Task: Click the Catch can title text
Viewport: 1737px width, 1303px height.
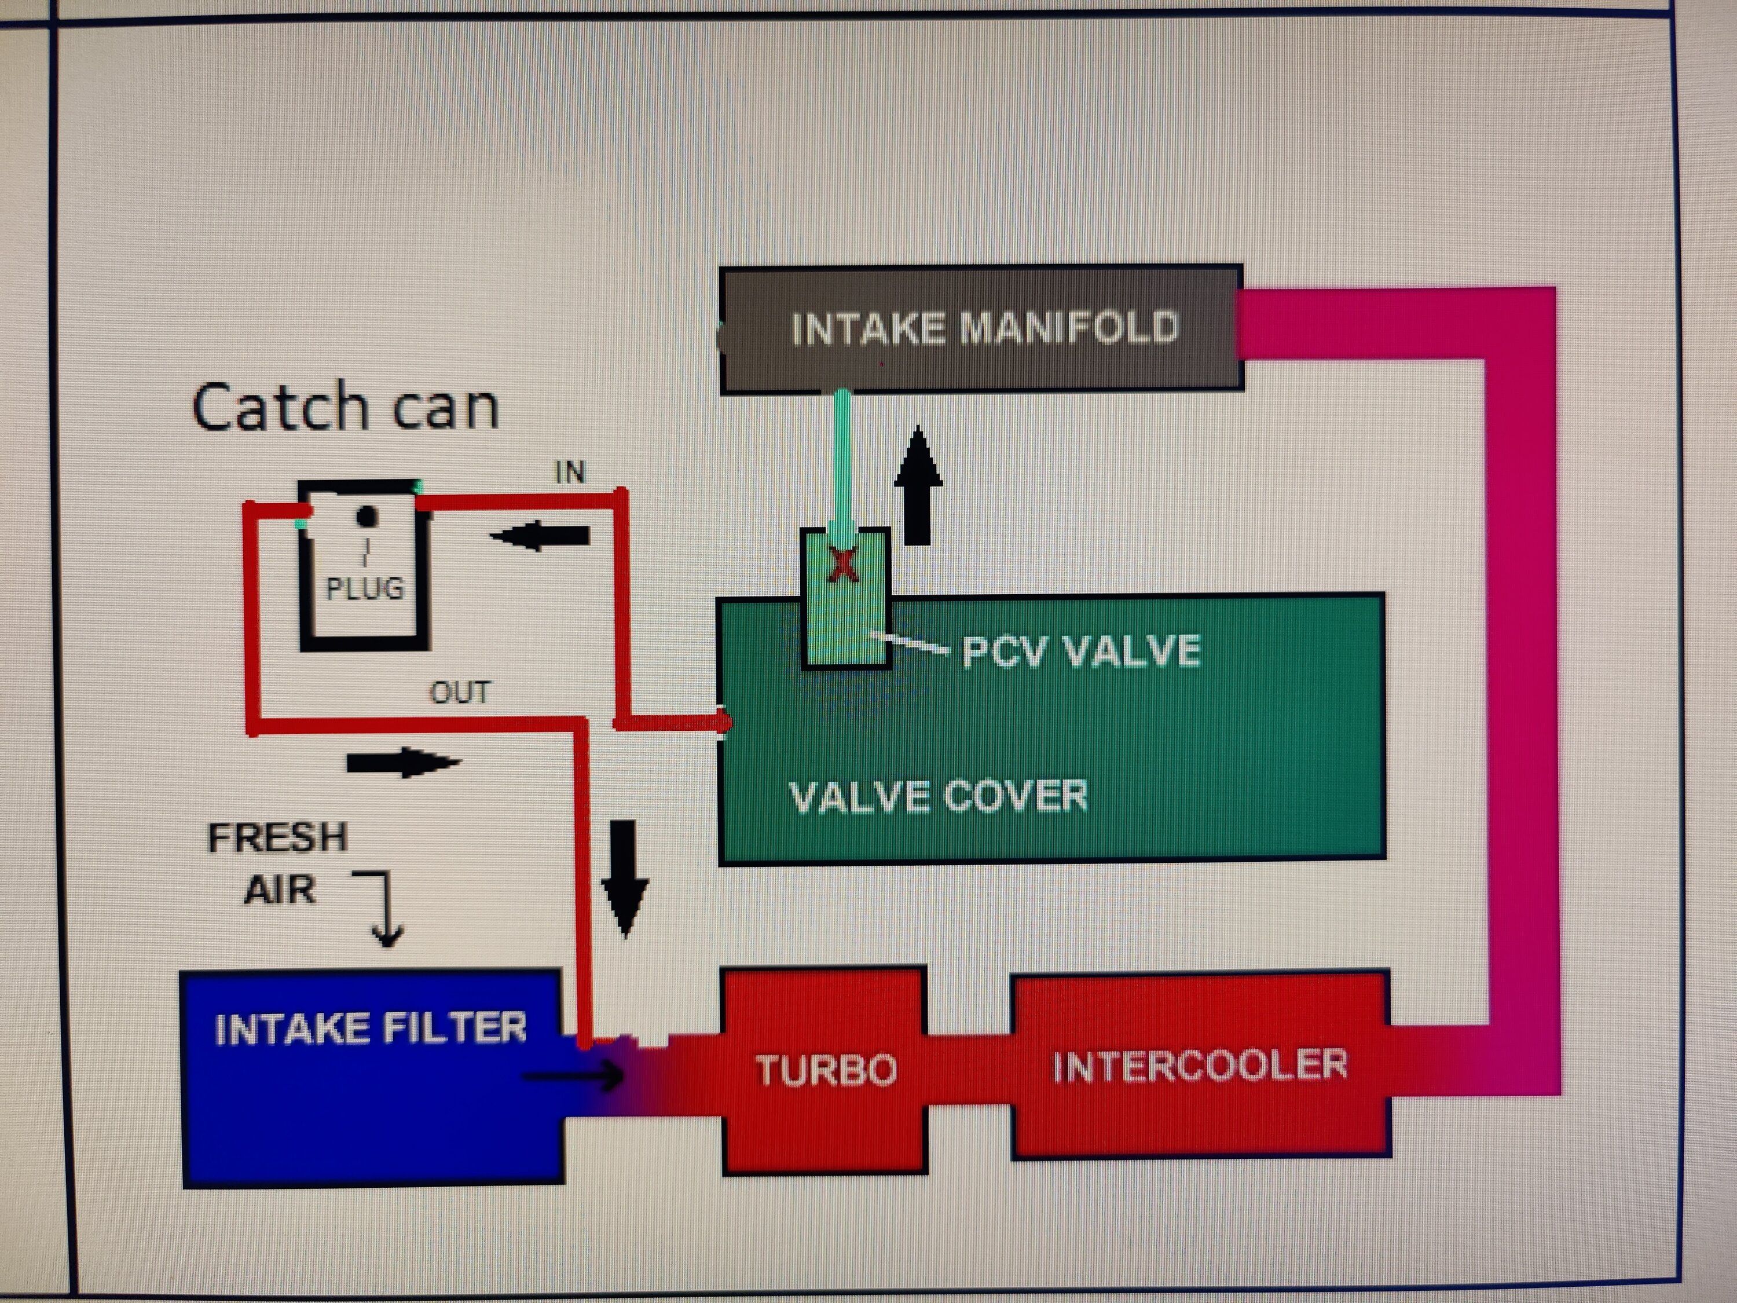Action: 346,407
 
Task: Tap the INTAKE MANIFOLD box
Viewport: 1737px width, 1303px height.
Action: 981,328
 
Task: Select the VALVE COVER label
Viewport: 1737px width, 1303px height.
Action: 939,796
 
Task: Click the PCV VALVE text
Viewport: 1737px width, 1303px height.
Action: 1082,651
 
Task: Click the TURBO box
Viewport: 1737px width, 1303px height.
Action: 824,1070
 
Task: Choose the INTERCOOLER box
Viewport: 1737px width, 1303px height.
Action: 1200,1065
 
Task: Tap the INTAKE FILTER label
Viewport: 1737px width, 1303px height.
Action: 371,1028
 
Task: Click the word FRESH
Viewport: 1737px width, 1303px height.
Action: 278,837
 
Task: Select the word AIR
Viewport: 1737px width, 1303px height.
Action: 280,890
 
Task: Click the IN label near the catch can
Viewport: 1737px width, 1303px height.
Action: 570,472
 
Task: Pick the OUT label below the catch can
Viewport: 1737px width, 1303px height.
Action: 459,693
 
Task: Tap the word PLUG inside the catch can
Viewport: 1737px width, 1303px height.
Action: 365,588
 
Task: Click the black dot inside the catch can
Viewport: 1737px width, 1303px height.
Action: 367,516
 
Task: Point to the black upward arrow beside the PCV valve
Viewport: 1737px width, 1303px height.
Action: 918,485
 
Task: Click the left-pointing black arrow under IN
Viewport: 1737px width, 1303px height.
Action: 540,536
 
